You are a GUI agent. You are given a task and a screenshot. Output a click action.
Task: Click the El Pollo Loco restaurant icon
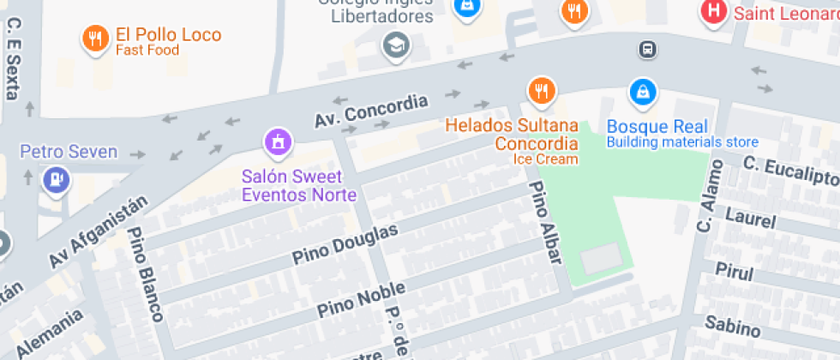tap(94, 38)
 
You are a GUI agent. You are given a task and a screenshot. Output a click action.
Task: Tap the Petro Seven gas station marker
tap(57, 180)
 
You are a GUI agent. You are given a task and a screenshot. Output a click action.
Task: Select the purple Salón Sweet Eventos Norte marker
tap(277, 141)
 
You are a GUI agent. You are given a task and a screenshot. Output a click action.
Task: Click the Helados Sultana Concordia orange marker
tap(541, 89)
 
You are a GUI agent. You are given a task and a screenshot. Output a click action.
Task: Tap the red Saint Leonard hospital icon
tap(711, 12)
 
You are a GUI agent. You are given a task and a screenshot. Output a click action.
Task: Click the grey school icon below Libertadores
tap(396, 44)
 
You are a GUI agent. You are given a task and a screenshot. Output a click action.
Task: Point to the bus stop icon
tap(648, 50)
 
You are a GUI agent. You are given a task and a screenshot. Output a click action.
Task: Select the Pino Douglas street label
tap(345, 243)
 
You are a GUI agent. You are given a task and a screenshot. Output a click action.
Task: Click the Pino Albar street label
tap(546, 222)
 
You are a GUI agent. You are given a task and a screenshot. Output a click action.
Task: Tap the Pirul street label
tap(734, 272)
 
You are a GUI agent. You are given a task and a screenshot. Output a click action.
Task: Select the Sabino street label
tap(732, 325)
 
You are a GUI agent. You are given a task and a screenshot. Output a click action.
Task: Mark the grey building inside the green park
tap(601, 258)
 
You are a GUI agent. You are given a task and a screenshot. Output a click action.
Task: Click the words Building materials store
tap(682, 142)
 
